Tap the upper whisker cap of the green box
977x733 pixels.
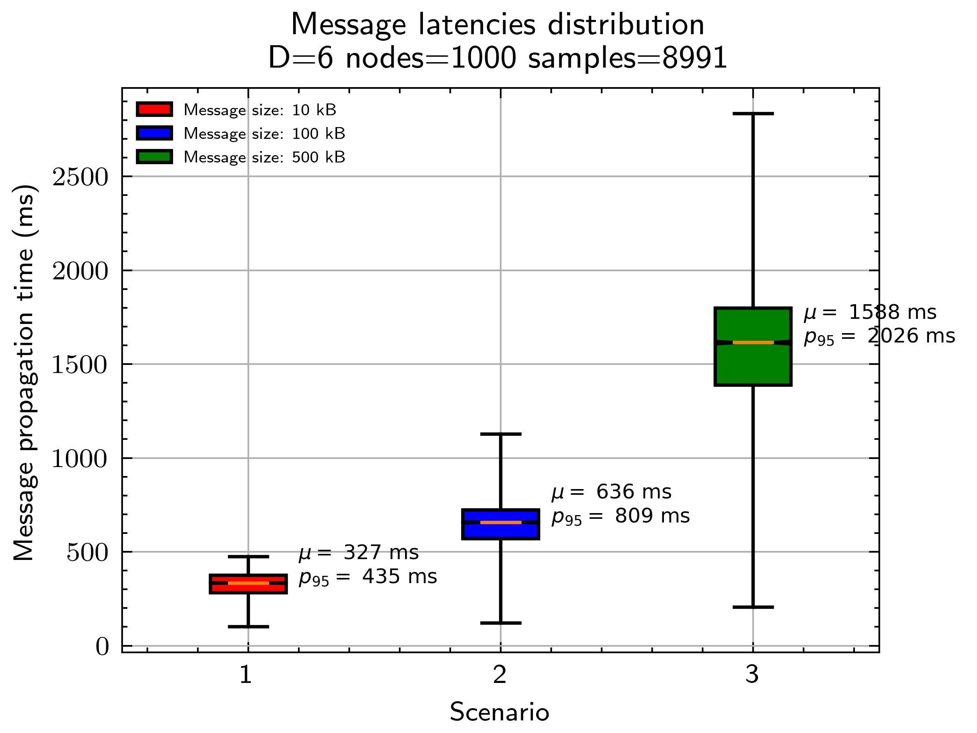tap(753, 114)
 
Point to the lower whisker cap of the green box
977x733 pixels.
tap(753, 607)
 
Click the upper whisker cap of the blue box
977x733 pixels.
tap(500, 434)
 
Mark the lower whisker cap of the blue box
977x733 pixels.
tap(500, 623)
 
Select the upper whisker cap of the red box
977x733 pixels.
tap(248, 556)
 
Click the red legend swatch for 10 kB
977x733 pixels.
tap(154, 110)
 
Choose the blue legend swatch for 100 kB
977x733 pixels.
tap(154, 133)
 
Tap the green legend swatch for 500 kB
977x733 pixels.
tap(154, 157)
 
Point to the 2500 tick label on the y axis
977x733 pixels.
tap(80, 178)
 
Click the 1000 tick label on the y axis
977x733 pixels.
tap(80, 459)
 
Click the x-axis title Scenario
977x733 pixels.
tap(499, 712)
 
